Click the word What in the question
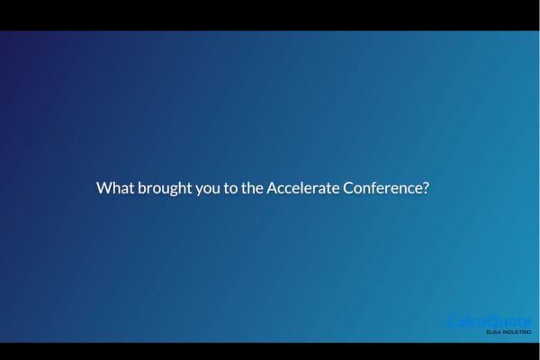tap(114, 189)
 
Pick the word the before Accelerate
tap(254, 189)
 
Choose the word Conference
tap(382, 189)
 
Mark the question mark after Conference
tap(425, 189)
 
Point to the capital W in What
tap(103, 189)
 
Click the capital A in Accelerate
tap(273, 189)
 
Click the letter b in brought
tap(141, 189)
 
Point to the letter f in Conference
tap(377, 189)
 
